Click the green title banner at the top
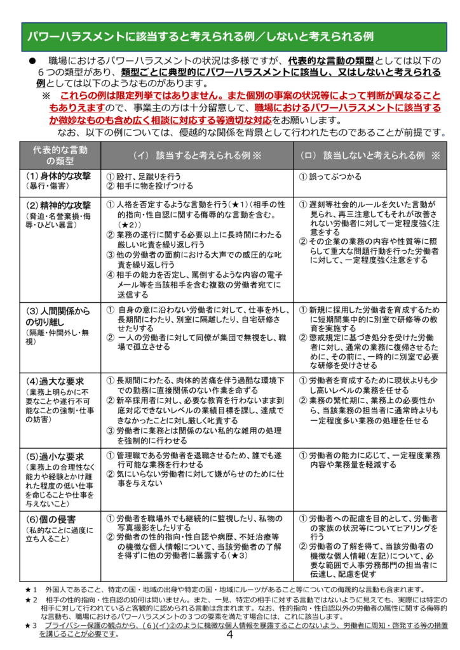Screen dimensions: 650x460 229,36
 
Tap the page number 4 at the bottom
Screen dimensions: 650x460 230,635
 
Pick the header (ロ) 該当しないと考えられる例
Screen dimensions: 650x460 369,155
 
